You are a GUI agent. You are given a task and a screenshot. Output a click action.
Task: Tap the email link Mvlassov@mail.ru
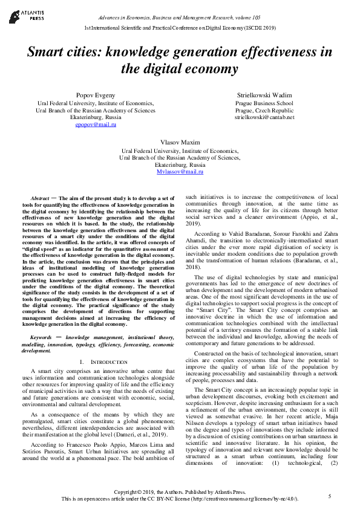(180, 172)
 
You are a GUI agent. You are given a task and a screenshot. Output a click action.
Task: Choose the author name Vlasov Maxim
(180, 142)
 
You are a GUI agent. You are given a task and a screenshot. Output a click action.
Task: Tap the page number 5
(330, 496)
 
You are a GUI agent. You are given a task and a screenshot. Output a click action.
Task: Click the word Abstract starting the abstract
(40, 198)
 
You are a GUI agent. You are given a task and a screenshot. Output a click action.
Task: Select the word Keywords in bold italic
(41, 337)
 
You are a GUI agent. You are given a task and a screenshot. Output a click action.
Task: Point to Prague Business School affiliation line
(264, 103)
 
